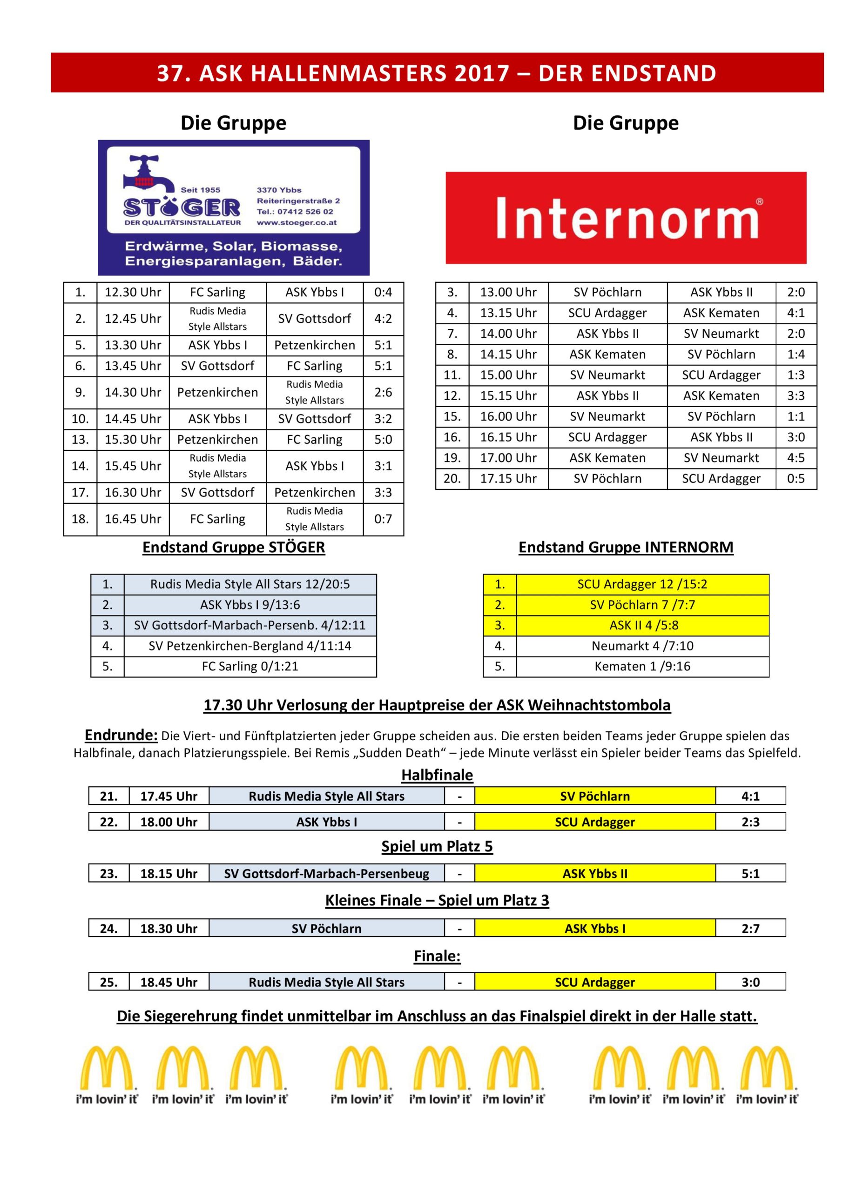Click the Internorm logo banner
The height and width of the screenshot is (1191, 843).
[x=626, y=218]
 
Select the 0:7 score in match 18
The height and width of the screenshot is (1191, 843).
[x=383, y=519]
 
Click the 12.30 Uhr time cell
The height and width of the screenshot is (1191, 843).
[x=133, y=293]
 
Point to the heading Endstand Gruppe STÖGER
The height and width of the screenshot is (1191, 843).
[x=234, y=547]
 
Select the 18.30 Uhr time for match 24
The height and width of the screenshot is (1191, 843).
[x=169, y=929]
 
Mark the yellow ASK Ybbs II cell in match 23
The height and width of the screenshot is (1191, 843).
[x=595, y=874]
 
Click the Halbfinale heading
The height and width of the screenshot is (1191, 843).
[x=437, y=775]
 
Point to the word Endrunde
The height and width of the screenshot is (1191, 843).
[x=121, y=735]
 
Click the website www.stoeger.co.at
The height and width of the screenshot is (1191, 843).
[x=297, y=223]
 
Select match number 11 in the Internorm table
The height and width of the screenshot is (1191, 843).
[x=452, y=375]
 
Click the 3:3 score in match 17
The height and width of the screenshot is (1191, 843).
[x=383, y=492]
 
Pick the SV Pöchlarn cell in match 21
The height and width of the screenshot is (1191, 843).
[x=595, y=796]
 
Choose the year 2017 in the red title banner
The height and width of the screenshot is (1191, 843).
[x=482, y=73]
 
